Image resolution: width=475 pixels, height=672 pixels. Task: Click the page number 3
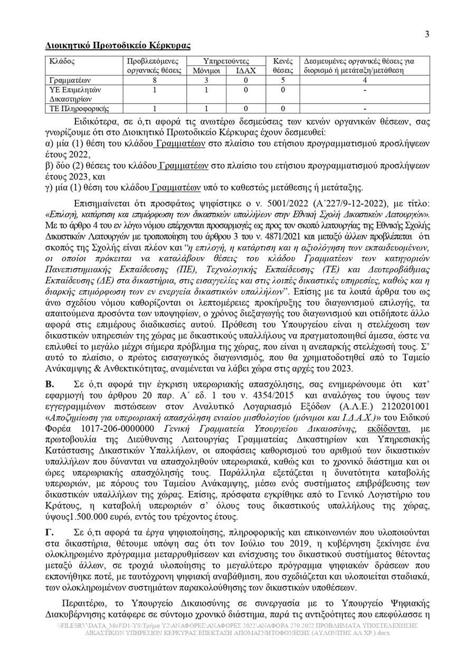pos(427,34)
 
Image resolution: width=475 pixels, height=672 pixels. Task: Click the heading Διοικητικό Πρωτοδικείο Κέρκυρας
pos(118,46)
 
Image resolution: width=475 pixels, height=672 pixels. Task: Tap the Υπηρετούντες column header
pos(226,61)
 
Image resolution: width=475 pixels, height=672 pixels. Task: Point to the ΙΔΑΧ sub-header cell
pos(246,70)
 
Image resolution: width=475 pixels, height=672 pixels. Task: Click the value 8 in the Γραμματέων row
pos(154,80)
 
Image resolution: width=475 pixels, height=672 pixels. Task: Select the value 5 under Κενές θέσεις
pos(283,80)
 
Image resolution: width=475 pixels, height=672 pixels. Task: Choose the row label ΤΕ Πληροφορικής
pos(79,109)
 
